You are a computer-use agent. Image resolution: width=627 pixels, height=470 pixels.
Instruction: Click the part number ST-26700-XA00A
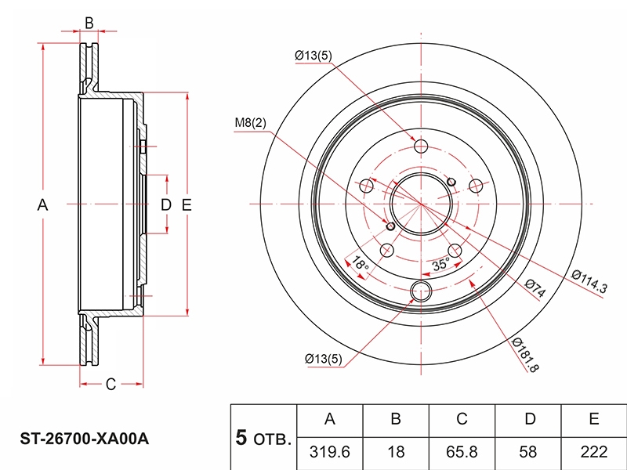click(85, 439)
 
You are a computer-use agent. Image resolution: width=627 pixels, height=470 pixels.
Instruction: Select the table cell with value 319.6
click(330, 453)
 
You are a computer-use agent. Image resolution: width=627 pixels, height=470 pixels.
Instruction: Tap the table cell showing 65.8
click(462, 453)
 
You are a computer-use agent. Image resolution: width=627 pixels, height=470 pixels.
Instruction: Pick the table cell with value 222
click(594, 453)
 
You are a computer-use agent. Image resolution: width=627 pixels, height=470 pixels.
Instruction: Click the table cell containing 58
click(528, 453)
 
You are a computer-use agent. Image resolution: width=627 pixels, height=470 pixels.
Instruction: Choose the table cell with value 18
click(396, 453)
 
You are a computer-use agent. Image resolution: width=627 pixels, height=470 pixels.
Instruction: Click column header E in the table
click(594, 420)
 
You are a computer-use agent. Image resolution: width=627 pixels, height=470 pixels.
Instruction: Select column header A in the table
click(330, 420)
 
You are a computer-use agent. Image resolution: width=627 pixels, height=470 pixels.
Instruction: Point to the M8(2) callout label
click(250, 123)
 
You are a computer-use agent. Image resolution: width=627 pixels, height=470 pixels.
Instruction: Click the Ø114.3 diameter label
click(589, 281)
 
